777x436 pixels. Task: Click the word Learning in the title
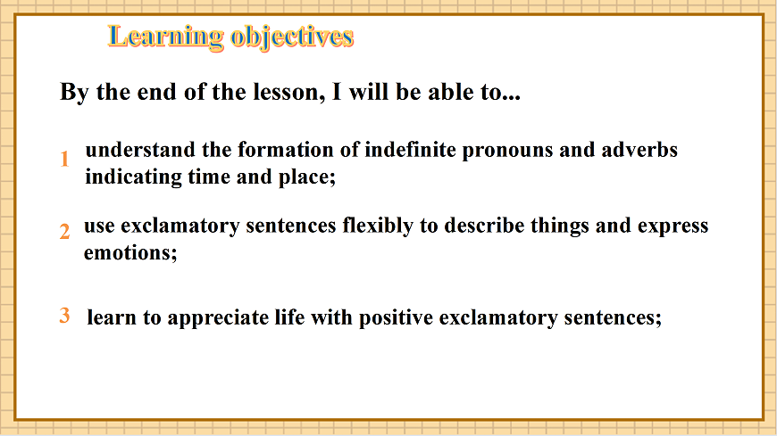click(165, 37)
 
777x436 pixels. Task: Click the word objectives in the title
click(292, 37)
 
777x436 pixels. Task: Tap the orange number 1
click(64, 160)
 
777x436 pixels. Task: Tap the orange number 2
click(64, 232)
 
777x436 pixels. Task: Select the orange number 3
click(64, 315)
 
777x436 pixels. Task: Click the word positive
click(399, 318)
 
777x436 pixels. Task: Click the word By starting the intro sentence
click(71, 93)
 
